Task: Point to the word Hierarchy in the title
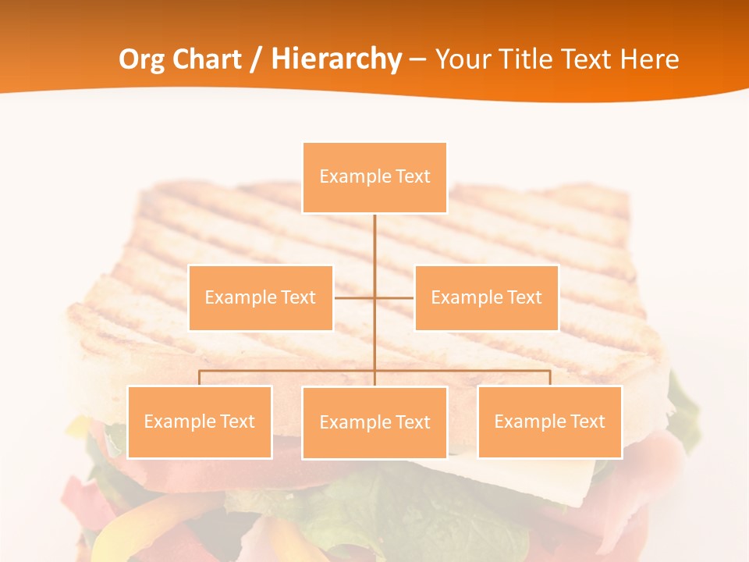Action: pyautogui.click(x=336, y=59)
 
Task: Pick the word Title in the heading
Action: pyautogui.click(x=531, y=59)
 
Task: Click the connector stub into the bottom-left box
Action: pyautogui.click(x=199, y=378)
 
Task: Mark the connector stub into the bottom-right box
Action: pyautogui.click(x=549, y=378)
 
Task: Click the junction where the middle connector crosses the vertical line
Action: pyautogui.click(x=374, y=297)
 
